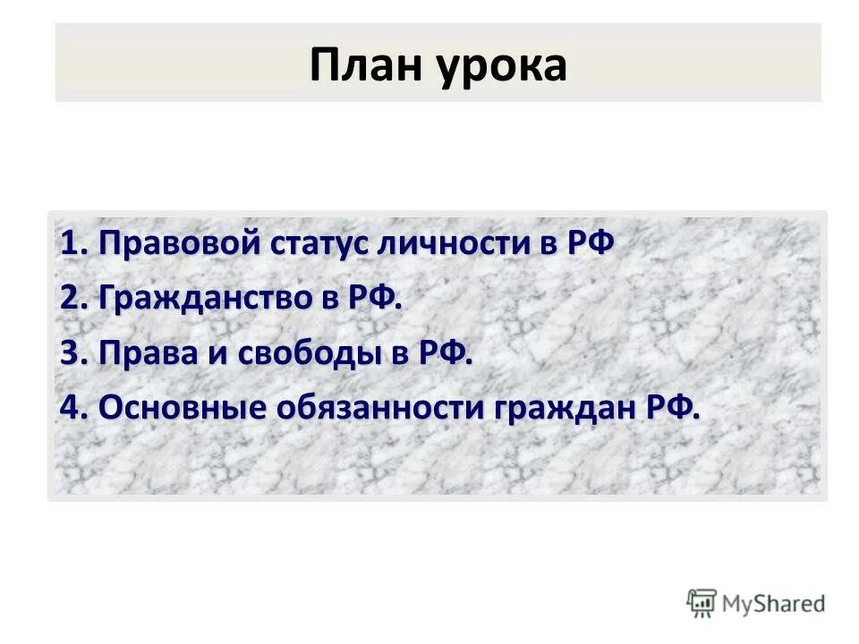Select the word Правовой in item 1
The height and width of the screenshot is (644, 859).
click(x=177, y=244)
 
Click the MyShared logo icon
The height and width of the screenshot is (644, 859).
click(x=702, y=603)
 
